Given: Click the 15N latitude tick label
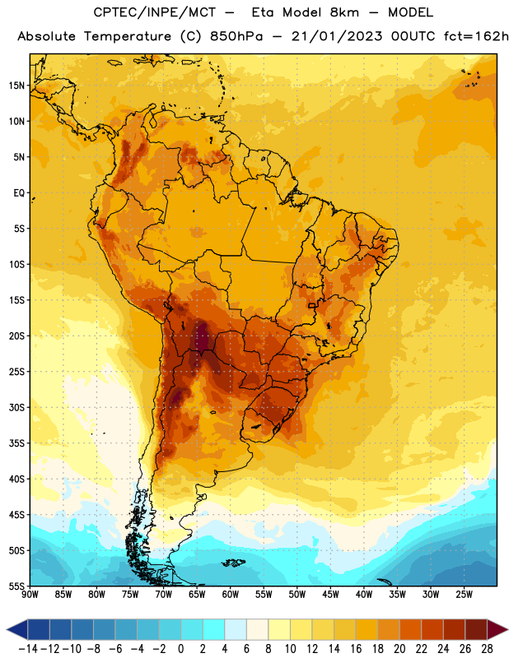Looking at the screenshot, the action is coord(16,86).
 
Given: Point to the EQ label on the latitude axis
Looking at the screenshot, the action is coord(19,193).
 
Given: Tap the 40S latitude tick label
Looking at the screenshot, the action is coord(16,479).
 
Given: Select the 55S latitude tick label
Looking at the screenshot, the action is coord(16,586).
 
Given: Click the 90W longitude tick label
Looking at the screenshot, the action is coord(30,595).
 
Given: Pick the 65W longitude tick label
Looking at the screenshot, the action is coord(197,595).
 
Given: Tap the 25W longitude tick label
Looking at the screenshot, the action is coord(464,595).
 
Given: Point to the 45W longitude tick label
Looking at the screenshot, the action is coord(330,595).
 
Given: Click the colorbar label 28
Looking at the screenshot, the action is coord(487,649).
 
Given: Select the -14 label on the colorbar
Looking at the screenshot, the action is coord(28,649).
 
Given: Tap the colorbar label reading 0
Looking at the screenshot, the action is coord(181,649).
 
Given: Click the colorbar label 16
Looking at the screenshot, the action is coord(356,649).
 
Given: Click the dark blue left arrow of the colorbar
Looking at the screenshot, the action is coord(17,629).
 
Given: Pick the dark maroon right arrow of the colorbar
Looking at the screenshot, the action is coord(497,629).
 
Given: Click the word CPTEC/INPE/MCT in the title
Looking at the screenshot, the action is coord(155,12).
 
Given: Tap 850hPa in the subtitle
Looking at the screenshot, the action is coord(236,36).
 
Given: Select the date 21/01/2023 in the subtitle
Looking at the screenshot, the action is coord(337,36).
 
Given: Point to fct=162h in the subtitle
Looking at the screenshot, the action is coord(476,36).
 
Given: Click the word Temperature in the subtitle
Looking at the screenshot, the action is coord(128,36).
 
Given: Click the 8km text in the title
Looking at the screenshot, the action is coord(344,12).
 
